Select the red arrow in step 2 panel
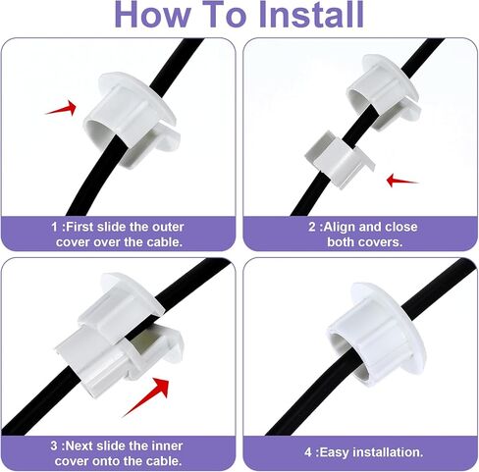402,180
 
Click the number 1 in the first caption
55,227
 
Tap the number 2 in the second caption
312,227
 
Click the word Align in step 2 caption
343,227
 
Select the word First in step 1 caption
84,227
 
